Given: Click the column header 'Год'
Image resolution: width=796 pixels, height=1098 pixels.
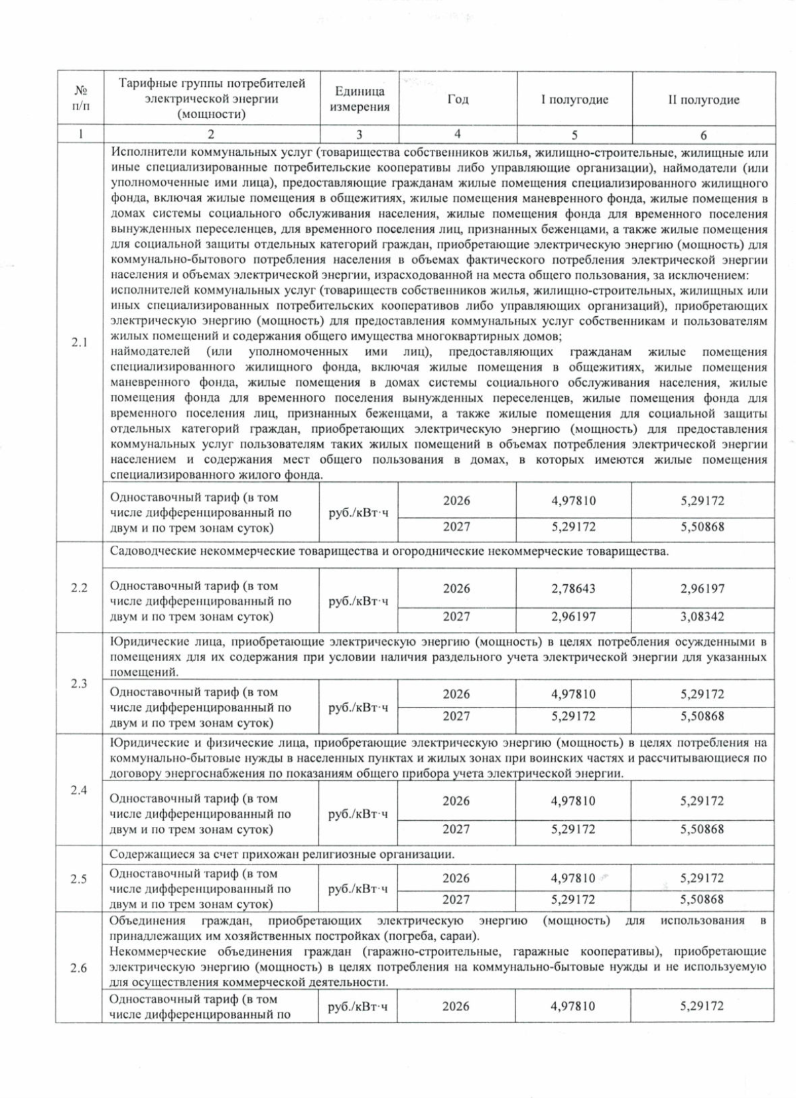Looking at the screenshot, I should (x=457, y=99).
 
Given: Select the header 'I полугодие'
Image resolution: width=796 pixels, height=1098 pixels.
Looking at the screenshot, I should (x=574, y=100).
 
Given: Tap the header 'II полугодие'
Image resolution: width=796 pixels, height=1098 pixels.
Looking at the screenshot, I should (x=703, y=100).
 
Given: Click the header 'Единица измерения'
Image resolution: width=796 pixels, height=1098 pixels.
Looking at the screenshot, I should (x=360, y=99).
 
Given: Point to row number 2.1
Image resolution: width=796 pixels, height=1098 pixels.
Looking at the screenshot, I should (x=80, y=343).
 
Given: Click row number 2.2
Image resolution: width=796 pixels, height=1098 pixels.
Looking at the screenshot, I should (x=80, y=588).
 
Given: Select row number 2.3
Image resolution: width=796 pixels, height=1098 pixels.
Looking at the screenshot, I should (x=80, y=684).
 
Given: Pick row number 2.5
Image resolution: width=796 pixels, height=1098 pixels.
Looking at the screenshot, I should (x=80, y=879).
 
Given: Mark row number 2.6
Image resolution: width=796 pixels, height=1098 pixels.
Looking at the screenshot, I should (x=80, y=968).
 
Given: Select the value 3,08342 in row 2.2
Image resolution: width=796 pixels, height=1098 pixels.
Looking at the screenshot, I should (x=702, y=617).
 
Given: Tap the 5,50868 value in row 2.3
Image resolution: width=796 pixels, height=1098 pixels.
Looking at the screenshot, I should (x=702, y=716).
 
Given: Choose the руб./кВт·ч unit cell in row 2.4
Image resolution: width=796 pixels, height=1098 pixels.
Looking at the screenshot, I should (x=358, y=814).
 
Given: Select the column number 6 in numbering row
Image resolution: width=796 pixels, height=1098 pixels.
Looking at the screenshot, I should (x=703, y=135).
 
